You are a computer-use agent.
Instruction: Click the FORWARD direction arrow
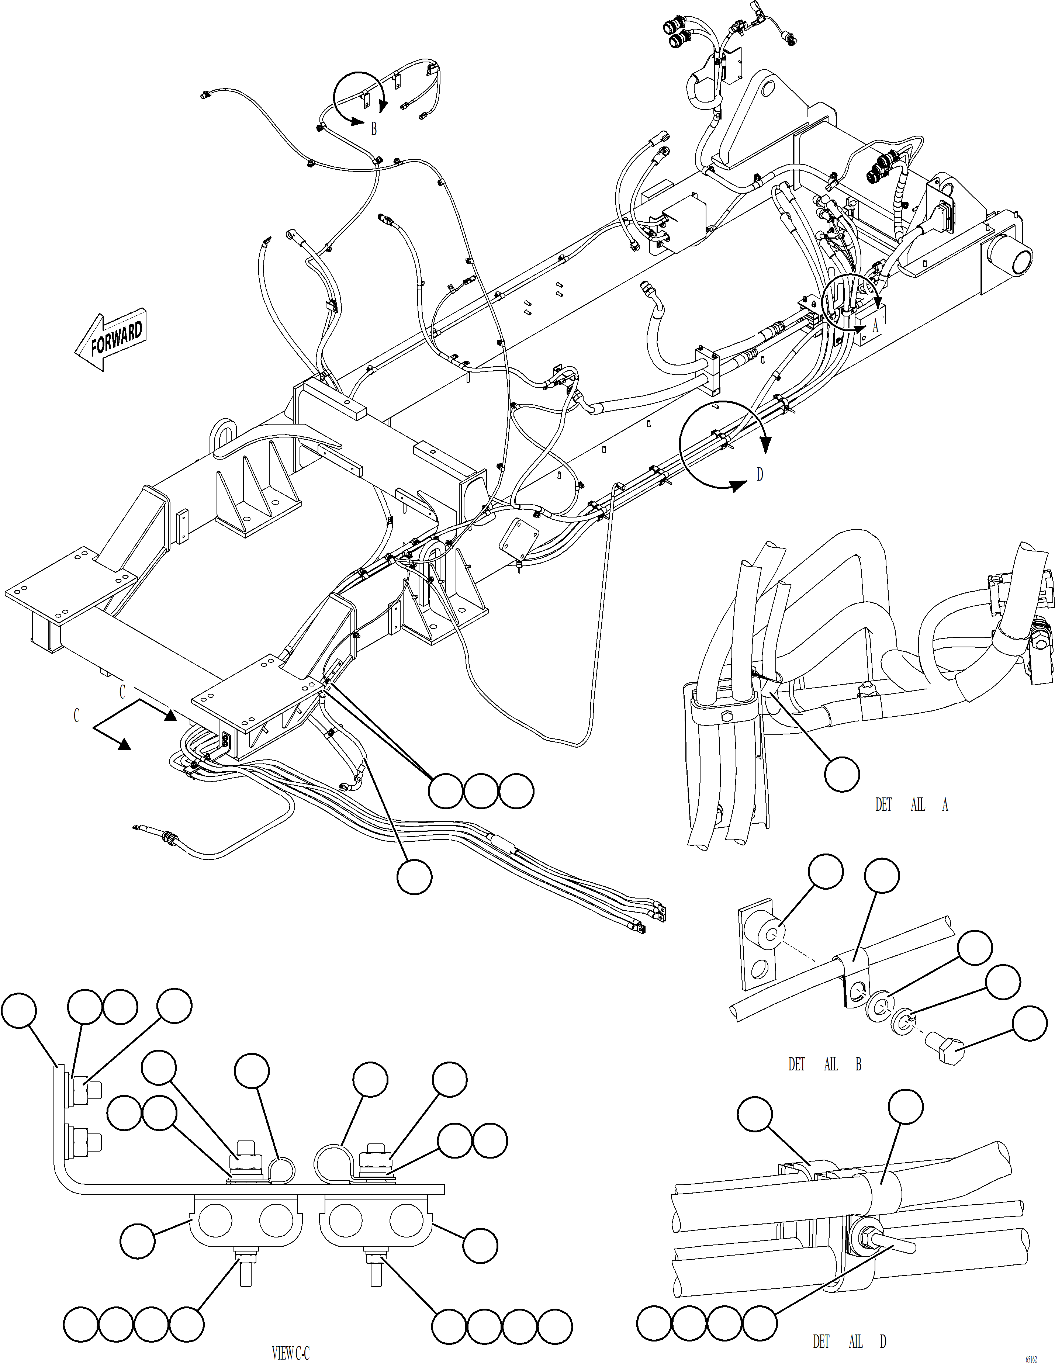111,339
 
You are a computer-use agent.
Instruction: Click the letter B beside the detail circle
374,129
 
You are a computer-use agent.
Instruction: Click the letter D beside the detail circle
760,475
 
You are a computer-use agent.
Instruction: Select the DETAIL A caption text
912,805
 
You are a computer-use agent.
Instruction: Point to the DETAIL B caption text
824,1064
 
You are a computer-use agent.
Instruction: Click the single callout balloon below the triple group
414,876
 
